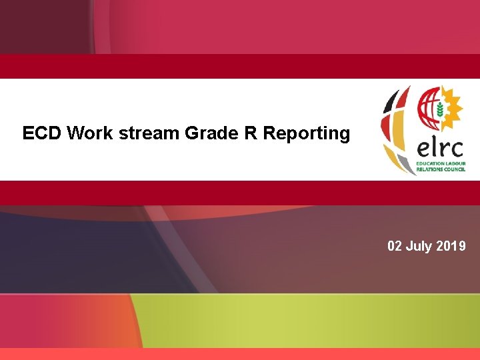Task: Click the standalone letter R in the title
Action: (251, 133)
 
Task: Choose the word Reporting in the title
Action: (307, 134)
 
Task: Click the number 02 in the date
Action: (395, 247)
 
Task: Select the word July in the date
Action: (419, 247)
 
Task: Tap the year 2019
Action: (451, 247)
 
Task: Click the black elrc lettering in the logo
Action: (440, 147)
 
